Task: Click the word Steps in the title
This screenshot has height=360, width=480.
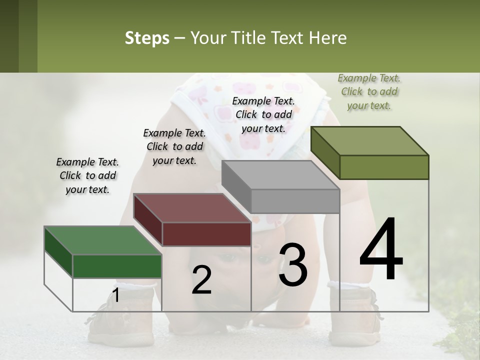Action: (147, 38)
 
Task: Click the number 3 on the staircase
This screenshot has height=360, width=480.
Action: (292, 265)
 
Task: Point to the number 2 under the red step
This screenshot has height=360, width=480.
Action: (201, 280)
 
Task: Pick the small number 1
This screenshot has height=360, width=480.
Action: (115, 295)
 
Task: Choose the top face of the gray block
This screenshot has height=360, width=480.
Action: (280, 175)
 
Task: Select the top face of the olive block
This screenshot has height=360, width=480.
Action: (369, 140)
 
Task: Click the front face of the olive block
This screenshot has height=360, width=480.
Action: (384, 167)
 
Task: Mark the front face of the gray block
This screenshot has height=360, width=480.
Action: (295, 201)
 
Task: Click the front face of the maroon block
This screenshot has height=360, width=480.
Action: (206, 234)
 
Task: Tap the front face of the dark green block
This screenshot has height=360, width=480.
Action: (117, 266)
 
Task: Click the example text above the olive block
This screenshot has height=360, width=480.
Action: (369, 91)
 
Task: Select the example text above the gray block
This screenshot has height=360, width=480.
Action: (263, 114)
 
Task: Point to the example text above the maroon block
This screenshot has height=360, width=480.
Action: (174, 146)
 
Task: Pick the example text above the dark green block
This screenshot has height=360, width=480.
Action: (87, 175)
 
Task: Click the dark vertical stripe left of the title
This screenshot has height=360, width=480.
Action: (9, 36)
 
